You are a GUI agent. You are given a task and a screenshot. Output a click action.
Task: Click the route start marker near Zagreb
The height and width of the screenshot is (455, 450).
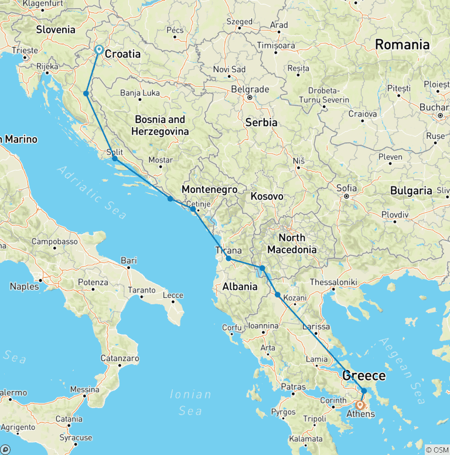(x=99, y=50)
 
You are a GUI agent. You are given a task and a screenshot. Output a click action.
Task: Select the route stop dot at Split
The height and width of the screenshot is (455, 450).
(x=115, y=159)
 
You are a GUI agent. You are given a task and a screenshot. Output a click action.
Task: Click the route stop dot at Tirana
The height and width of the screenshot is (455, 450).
(x=229, y=259)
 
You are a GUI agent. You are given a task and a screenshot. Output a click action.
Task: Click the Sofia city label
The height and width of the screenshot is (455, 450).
(x=346, y=188)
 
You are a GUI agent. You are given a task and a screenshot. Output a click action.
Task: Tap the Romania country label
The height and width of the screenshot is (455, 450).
(x=402, y=45)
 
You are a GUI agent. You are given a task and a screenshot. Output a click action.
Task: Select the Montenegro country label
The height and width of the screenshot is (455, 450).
(x=209, y=189)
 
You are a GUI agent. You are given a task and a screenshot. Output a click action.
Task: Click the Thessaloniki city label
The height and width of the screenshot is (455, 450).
(x=332, y=282)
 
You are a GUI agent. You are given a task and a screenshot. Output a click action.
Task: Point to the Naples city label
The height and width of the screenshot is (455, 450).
(x=24, y=287)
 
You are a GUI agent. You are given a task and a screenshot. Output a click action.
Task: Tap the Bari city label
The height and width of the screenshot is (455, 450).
(x=128, y=260)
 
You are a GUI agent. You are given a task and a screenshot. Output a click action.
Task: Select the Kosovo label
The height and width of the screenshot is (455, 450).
(x=267, y=196)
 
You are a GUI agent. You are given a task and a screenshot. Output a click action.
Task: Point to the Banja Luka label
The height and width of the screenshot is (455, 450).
(x=139, y=93)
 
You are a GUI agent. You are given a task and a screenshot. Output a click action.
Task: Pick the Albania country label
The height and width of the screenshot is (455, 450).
(x=240, y=287)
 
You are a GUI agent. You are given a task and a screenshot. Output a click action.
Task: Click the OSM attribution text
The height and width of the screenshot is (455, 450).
(x=437, y=450)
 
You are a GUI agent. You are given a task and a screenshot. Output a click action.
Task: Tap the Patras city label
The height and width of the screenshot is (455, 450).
(x=293, y=387)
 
